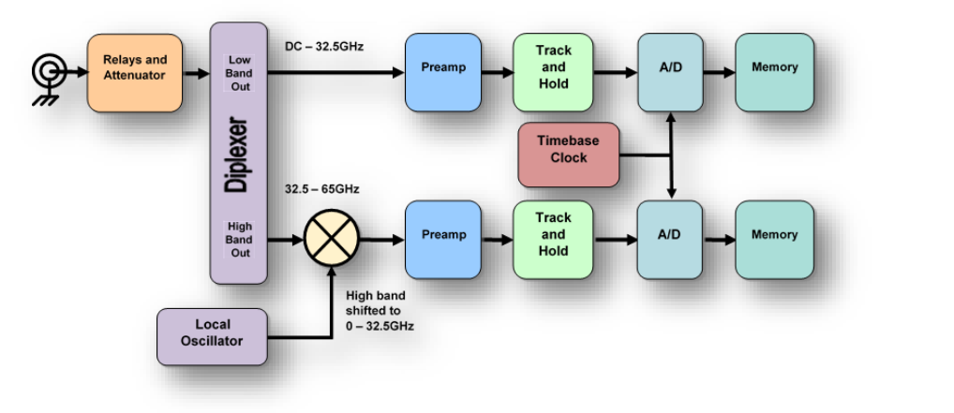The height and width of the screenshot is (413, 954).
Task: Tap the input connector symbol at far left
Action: (x=45, y=72)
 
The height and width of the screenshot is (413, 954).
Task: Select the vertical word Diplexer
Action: (x=238, y=155)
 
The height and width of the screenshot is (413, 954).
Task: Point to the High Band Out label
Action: (x=239, y=240)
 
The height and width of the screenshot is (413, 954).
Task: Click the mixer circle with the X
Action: (x=332, y=240)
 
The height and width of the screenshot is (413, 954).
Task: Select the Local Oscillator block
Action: (x=212, y=333)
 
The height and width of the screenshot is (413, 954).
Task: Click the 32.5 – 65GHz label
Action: (x=322, y=189)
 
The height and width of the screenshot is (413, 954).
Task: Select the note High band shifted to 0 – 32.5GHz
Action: (x=380, y=311)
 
